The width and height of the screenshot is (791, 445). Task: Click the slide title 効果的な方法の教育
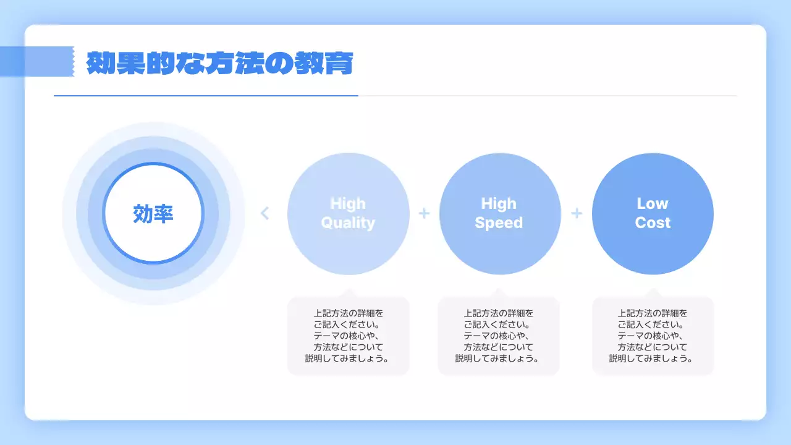(x=219, y=63)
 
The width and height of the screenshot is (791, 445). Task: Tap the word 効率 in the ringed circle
(x=153, y=214)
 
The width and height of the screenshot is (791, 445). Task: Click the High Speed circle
(x=500, y=247)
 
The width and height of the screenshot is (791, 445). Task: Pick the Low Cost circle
(x=653, y=247)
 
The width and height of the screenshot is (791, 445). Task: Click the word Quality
(x=348, y=223)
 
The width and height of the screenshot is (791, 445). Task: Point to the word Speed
(x=499, y=223)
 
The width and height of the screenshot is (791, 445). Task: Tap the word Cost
(x=653, y=223)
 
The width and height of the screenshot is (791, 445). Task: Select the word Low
(x=653, y=203)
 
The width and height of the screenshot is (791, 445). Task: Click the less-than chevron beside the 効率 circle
(x=265, y=213)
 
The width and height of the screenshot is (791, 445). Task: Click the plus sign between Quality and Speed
(x=424, y=213)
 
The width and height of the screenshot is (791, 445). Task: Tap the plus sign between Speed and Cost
(x=577, y=213)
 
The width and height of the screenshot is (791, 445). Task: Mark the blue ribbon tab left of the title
(x=37, y=61)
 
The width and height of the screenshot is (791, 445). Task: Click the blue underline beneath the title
(x=206, y=96)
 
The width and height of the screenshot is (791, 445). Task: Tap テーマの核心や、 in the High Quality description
(x=349, y=336)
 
